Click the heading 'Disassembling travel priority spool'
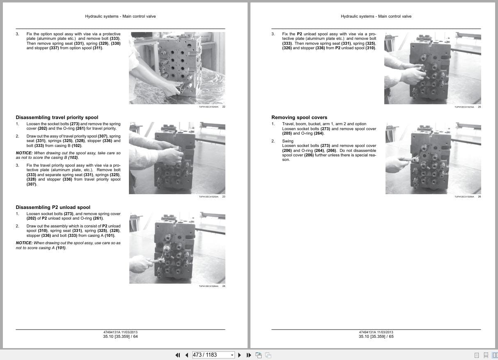pyautogui.click(x=57, y=117)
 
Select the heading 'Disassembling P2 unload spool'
pyautogui.click(x=53, y=207)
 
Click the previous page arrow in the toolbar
pyautogui.click(x=186, y=355)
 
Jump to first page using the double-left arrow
pyautogui.click(x=178, y=355)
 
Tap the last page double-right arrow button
pyautogui.click(x=249, y=355)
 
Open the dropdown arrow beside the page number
pyautogui.click(x=232, y=355)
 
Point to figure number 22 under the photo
pyautogui.click(x=224, y=107)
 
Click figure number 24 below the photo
pyautogui.click(x=224, y=286)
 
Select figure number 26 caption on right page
pyautogui.click(x=480, y=197)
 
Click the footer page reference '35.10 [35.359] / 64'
pyautogui.click(x=120, y=337)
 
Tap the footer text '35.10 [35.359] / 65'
pyautogui.click(x=376, y=337)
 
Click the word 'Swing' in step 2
pyautogui.click(x=288, y=141)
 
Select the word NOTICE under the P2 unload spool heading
pyautogui.click(x=24, y=243)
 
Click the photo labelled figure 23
pyautogui.click(x=177, y=158)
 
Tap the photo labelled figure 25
pyautogui.click(x=432, y=68)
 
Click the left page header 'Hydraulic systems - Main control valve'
pyautogui.click(x=120, y=16)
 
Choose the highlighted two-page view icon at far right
pyautogui.click(x=494, y=355)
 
